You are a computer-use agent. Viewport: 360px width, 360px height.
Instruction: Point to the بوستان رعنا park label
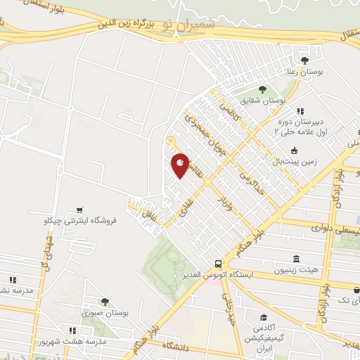click(305, 72)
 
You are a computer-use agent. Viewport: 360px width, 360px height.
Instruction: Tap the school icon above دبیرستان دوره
click(300, 110)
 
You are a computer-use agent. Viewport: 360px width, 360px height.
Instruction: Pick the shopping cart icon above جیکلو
click(81, 210)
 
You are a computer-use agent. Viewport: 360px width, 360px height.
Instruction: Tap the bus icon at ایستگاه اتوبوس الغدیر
click(219, 261)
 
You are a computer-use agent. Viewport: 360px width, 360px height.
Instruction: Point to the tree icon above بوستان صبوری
click(105, 302)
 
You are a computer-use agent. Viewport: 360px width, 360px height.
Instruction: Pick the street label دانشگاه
click(177, 345)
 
